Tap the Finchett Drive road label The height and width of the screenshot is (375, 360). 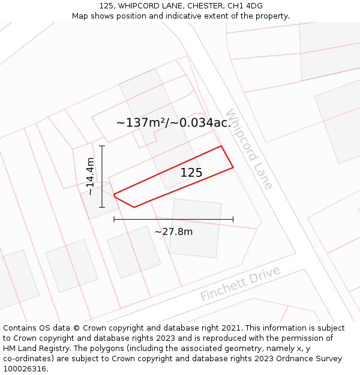click(240, 284)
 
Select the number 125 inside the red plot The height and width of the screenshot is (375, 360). click(191, 173)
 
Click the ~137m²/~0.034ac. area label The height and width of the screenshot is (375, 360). click(173, 123)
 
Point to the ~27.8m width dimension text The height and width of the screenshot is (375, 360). click(173, 232)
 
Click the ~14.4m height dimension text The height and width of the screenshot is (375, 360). click(90, 176)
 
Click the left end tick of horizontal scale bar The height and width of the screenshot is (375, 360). click(114, 219)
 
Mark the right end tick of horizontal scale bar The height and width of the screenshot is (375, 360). click(233, 219)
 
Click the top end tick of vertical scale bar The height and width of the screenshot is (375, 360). click(102, 146)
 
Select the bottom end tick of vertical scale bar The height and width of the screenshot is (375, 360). click(102, 208)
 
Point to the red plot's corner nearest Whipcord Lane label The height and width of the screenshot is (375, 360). click(221, 146)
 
